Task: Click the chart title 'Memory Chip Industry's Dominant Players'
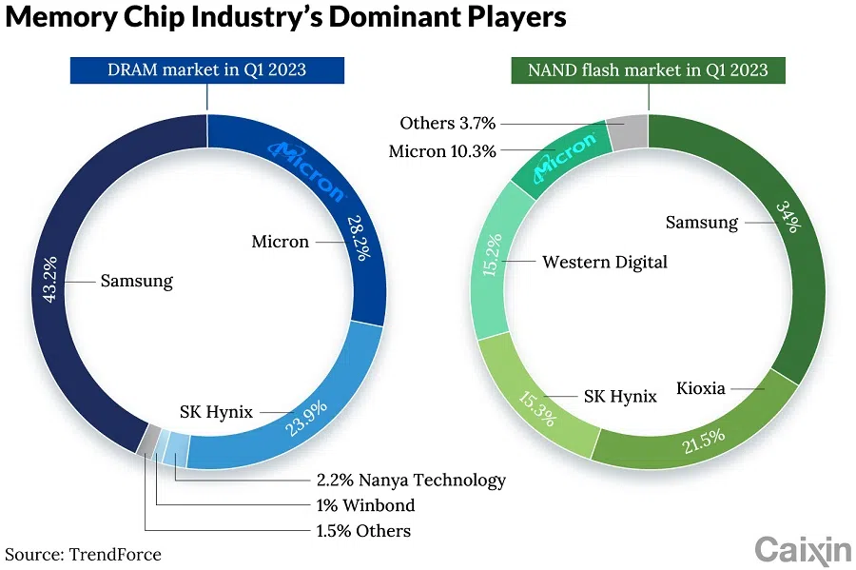(x=285, y=18)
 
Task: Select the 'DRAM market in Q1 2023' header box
(x=207, y=70)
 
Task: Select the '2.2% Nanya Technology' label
(x=410, y=480)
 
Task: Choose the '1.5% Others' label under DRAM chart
(x=363, y=530)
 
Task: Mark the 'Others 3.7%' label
(x=447, y=123)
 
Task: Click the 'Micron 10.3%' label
(x=442, y=151)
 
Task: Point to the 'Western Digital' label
(x=605, y=262)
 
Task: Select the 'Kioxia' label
(x=701, y=388)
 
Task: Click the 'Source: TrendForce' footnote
(x=84, y=554)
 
